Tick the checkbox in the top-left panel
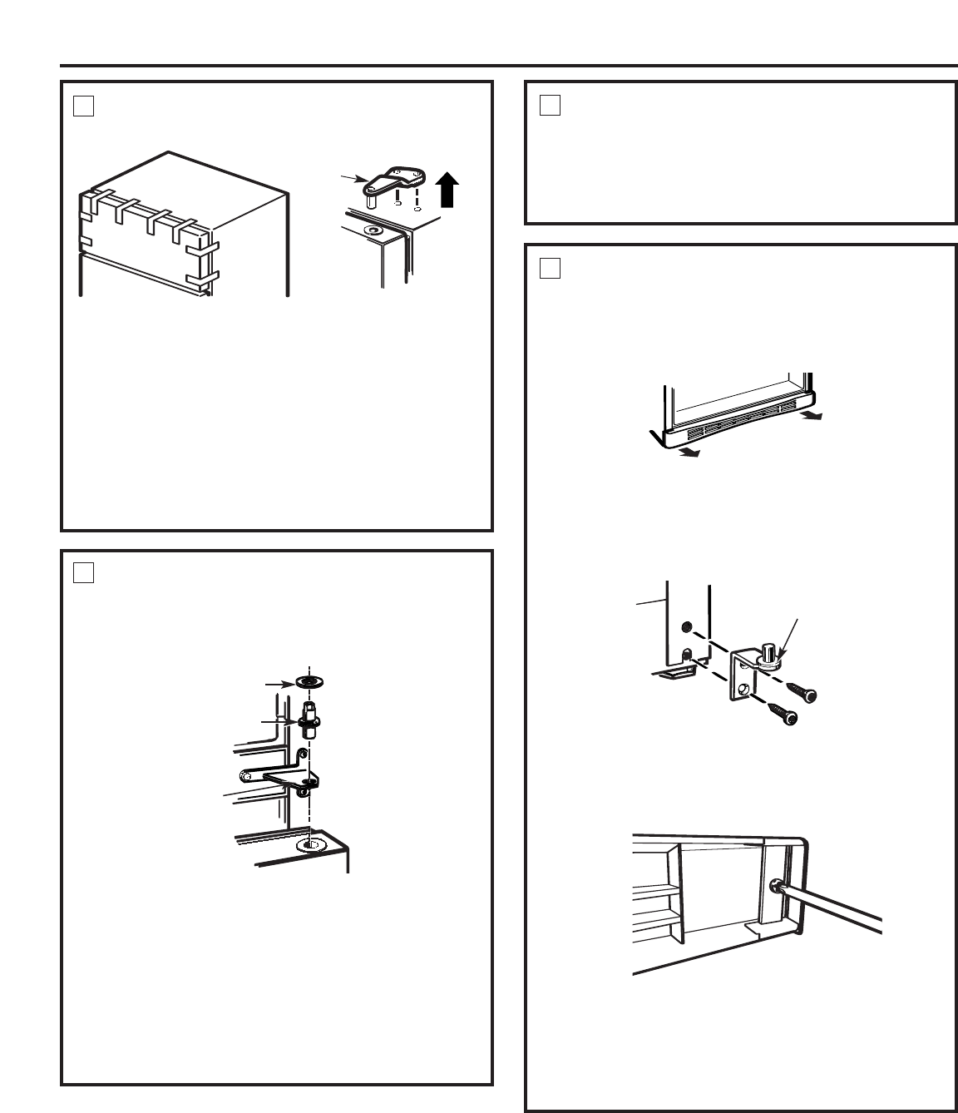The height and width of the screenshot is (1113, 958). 82,106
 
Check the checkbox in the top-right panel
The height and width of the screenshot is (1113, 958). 549,106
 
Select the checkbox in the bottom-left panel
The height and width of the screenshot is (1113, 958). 82,573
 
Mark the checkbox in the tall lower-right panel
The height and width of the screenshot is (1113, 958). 549,268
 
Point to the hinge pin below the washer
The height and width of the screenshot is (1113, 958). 310,718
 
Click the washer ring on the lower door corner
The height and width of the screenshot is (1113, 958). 309,845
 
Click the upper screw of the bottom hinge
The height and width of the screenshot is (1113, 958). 805,692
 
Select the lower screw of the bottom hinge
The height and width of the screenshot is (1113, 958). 784,714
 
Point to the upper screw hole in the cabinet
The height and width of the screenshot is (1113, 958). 686,626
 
